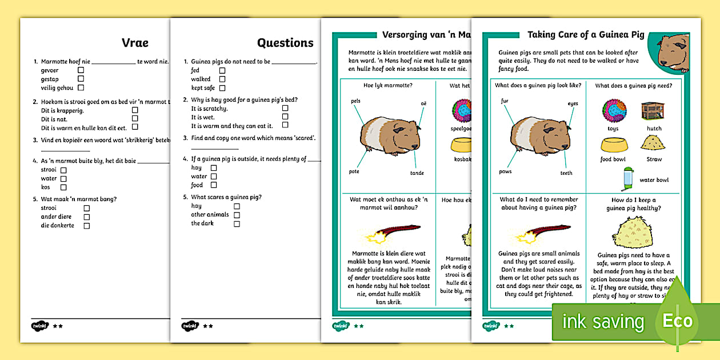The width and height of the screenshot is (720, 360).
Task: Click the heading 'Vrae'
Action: point(135,42)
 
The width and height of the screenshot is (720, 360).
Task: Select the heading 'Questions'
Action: point(285,42)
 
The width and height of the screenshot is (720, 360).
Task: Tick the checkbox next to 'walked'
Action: point(222,79)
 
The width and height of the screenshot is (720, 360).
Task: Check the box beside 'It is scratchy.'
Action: point(285,107)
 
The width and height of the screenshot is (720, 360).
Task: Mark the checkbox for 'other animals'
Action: point(237,215)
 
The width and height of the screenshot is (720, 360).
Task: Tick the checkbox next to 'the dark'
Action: point(237,224)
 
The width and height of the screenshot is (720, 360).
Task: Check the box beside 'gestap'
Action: point(81,79)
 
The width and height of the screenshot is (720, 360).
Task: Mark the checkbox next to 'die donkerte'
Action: point(87,226)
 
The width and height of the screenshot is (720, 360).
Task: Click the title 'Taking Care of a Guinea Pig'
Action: point(586,35)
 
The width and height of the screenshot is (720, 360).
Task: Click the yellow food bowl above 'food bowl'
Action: point(613,143)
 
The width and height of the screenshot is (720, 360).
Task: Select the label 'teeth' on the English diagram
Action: point(566,173)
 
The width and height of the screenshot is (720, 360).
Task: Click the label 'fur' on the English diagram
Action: point(505,101)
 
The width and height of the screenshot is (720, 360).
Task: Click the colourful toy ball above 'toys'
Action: point(613,110)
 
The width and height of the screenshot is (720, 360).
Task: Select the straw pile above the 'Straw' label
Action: point(651,142)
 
